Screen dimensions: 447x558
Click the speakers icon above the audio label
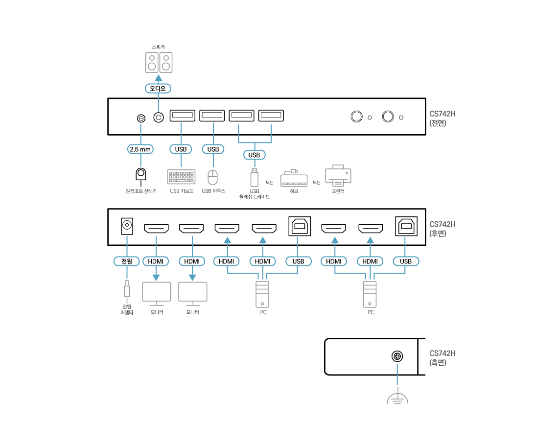[x=159, y=63]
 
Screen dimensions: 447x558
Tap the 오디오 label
[x=158, y=89]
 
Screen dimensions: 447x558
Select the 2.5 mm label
[x=140, y=149]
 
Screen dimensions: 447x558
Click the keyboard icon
[x=181, y=177]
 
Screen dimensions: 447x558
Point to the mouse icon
[x=212, y=177]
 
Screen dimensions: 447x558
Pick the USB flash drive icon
[x=254, y=177]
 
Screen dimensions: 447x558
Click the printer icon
[x=338, y=175]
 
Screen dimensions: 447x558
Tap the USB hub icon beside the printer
[x=294, y=179]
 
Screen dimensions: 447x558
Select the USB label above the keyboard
[x=181, y=149]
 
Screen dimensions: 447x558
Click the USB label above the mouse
[x=213, y=149]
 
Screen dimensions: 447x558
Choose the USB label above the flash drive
[x=254, y=155]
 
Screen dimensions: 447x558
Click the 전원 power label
[x=127, y=261]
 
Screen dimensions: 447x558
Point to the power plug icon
[x=127, y=291]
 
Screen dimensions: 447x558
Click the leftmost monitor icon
[x=157, y=293]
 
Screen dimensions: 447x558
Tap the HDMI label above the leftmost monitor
[x=156, y=261]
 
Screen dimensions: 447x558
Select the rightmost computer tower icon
[x=370, y=294]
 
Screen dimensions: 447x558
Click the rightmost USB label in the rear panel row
[x=406, y=261]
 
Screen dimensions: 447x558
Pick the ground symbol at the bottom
[x=397, y=398]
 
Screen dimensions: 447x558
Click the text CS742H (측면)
[x=442, y=358]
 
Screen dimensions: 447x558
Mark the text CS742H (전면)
[x=442, y=118]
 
